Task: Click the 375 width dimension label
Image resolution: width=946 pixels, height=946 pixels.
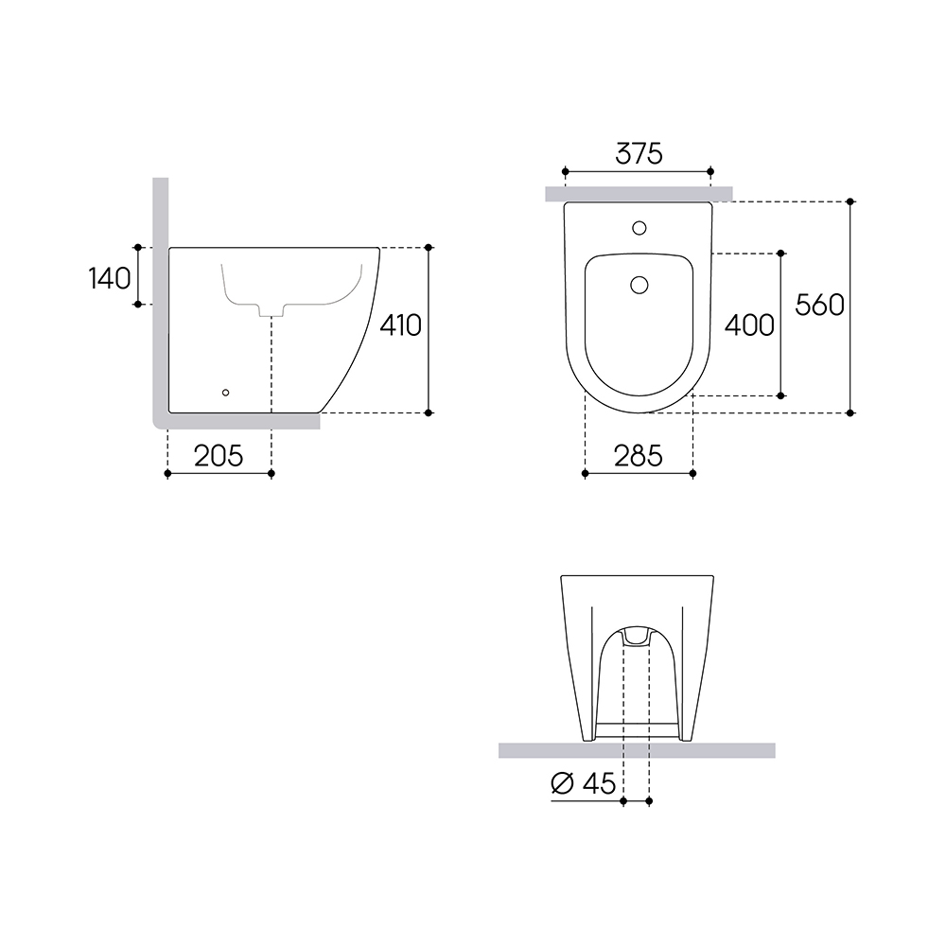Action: (x=639, y=154)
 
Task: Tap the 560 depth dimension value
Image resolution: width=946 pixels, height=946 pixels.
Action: (x=819, y=306)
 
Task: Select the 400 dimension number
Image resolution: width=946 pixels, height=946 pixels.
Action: (x=749, y=325)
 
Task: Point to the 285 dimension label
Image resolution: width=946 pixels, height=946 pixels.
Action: (x=639, y=456)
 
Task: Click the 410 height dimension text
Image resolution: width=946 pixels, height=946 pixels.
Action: (x=400, y=325)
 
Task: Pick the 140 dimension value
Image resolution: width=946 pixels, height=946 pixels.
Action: (x=109, y=279)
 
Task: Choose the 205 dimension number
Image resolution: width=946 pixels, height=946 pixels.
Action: (x=219, y=456)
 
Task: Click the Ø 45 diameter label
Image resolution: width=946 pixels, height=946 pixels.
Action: (x=584, y=783)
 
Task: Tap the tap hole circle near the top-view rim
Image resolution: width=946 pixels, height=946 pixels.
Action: (x=639, y=228)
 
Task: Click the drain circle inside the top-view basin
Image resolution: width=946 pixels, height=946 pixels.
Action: (x=639, y=284)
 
